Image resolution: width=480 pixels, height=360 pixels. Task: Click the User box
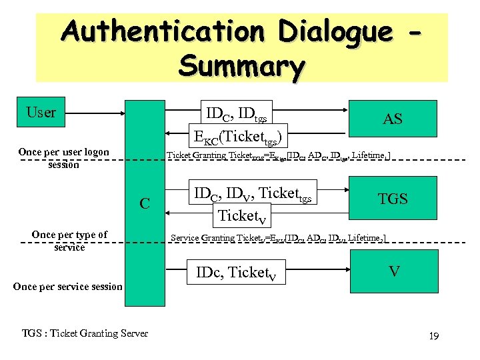tap(41, 113)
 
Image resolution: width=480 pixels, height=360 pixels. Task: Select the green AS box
tap(393, 119)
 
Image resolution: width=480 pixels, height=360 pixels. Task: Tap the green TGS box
tap(393, 199)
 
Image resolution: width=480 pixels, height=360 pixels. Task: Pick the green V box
tap(393, 272)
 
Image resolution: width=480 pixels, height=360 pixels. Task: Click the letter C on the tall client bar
tap(144, 203)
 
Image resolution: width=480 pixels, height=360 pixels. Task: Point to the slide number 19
tap(433, 336)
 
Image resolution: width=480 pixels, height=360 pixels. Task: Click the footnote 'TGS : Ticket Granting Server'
tap(85, 333)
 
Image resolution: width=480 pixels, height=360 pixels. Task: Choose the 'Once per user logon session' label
tap(63, 158)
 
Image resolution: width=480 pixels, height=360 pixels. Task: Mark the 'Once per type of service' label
tap(69, 241)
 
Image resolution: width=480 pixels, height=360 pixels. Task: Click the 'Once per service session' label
tap(67, 286)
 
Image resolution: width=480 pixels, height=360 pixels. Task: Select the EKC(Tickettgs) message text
tap(239, 137)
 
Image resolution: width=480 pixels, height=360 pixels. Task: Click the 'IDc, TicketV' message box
tap(237, 273)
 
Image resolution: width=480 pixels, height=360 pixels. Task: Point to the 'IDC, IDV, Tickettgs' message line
tap(252, 194)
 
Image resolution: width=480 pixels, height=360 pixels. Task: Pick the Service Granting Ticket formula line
tap(278, 237)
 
